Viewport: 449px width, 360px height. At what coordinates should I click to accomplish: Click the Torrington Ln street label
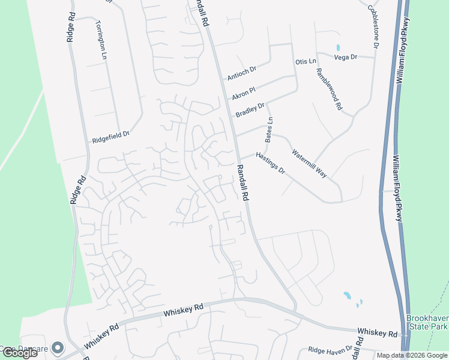click(101, 40)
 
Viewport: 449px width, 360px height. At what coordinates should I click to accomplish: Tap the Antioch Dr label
click(241, 73)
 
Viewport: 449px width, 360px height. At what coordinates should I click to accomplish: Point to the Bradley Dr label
click(250, 110)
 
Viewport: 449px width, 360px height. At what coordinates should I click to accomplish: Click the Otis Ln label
click(306, 62)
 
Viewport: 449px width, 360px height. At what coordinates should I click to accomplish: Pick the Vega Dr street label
click(345, 57)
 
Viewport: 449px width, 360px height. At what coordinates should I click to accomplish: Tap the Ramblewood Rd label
click(328, 89)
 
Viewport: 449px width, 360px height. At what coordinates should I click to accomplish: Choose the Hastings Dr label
click(270, 163)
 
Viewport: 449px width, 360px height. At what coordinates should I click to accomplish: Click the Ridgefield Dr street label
click(110, 137)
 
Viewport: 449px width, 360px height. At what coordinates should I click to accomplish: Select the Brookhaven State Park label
click(427, 322)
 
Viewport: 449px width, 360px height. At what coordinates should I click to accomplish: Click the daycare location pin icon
click(58, 347)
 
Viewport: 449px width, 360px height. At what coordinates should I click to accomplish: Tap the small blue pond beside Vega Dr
click(339, 47)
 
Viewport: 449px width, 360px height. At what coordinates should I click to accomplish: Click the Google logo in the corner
click(20, 353)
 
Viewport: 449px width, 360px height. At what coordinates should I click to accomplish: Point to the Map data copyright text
click(412, 355)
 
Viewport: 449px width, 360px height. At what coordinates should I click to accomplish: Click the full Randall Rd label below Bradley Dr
click(243, 187)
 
